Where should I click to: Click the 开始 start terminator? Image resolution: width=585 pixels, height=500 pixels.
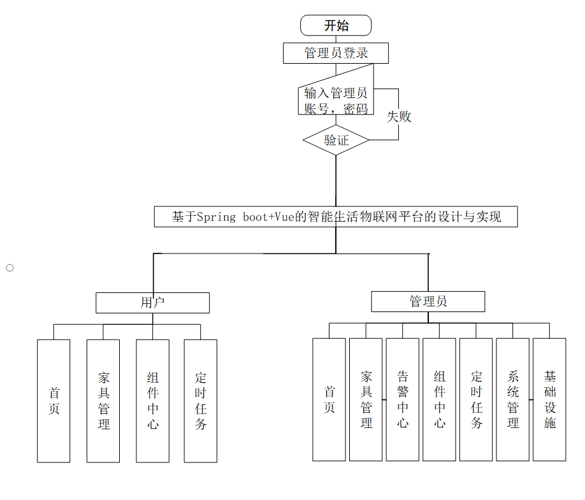coord(336,25)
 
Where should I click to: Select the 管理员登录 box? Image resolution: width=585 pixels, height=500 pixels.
coord(336,53)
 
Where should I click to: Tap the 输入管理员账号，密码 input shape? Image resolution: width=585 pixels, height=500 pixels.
coord(336,100)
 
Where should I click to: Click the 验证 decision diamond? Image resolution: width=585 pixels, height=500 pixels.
coord(336,140)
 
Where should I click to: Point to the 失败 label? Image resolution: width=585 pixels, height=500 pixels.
coord(400,117)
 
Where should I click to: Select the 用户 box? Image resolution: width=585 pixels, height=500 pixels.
coord(152,303)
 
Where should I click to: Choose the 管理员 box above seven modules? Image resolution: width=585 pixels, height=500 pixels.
coord(428,301)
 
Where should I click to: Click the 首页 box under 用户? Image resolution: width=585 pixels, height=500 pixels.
coord(54,401)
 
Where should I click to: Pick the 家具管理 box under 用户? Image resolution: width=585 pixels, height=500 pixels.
coord(103,401)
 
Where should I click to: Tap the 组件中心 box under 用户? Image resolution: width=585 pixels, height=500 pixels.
coord(152,401)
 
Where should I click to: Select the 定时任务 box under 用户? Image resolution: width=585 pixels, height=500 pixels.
coord(201,401)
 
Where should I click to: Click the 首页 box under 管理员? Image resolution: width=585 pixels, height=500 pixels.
coord(329,399)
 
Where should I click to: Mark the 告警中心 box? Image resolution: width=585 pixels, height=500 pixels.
coord(403,399)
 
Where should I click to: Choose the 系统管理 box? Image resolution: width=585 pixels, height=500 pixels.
coord(513,399)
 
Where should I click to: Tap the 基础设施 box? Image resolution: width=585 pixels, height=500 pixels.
coord(549,399)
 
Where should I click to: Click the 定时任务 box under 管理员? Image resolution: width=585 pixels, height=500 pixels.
coord(476,399)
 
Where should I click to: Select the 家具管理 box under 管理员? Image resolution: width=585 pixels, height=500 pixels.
coord(366,399)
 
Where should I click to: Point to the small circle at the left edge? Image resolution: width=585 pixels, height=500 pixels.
coord(10,268)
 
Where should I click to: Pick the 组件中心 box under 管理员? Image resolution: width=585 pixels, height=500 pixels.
coord(440,399)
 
